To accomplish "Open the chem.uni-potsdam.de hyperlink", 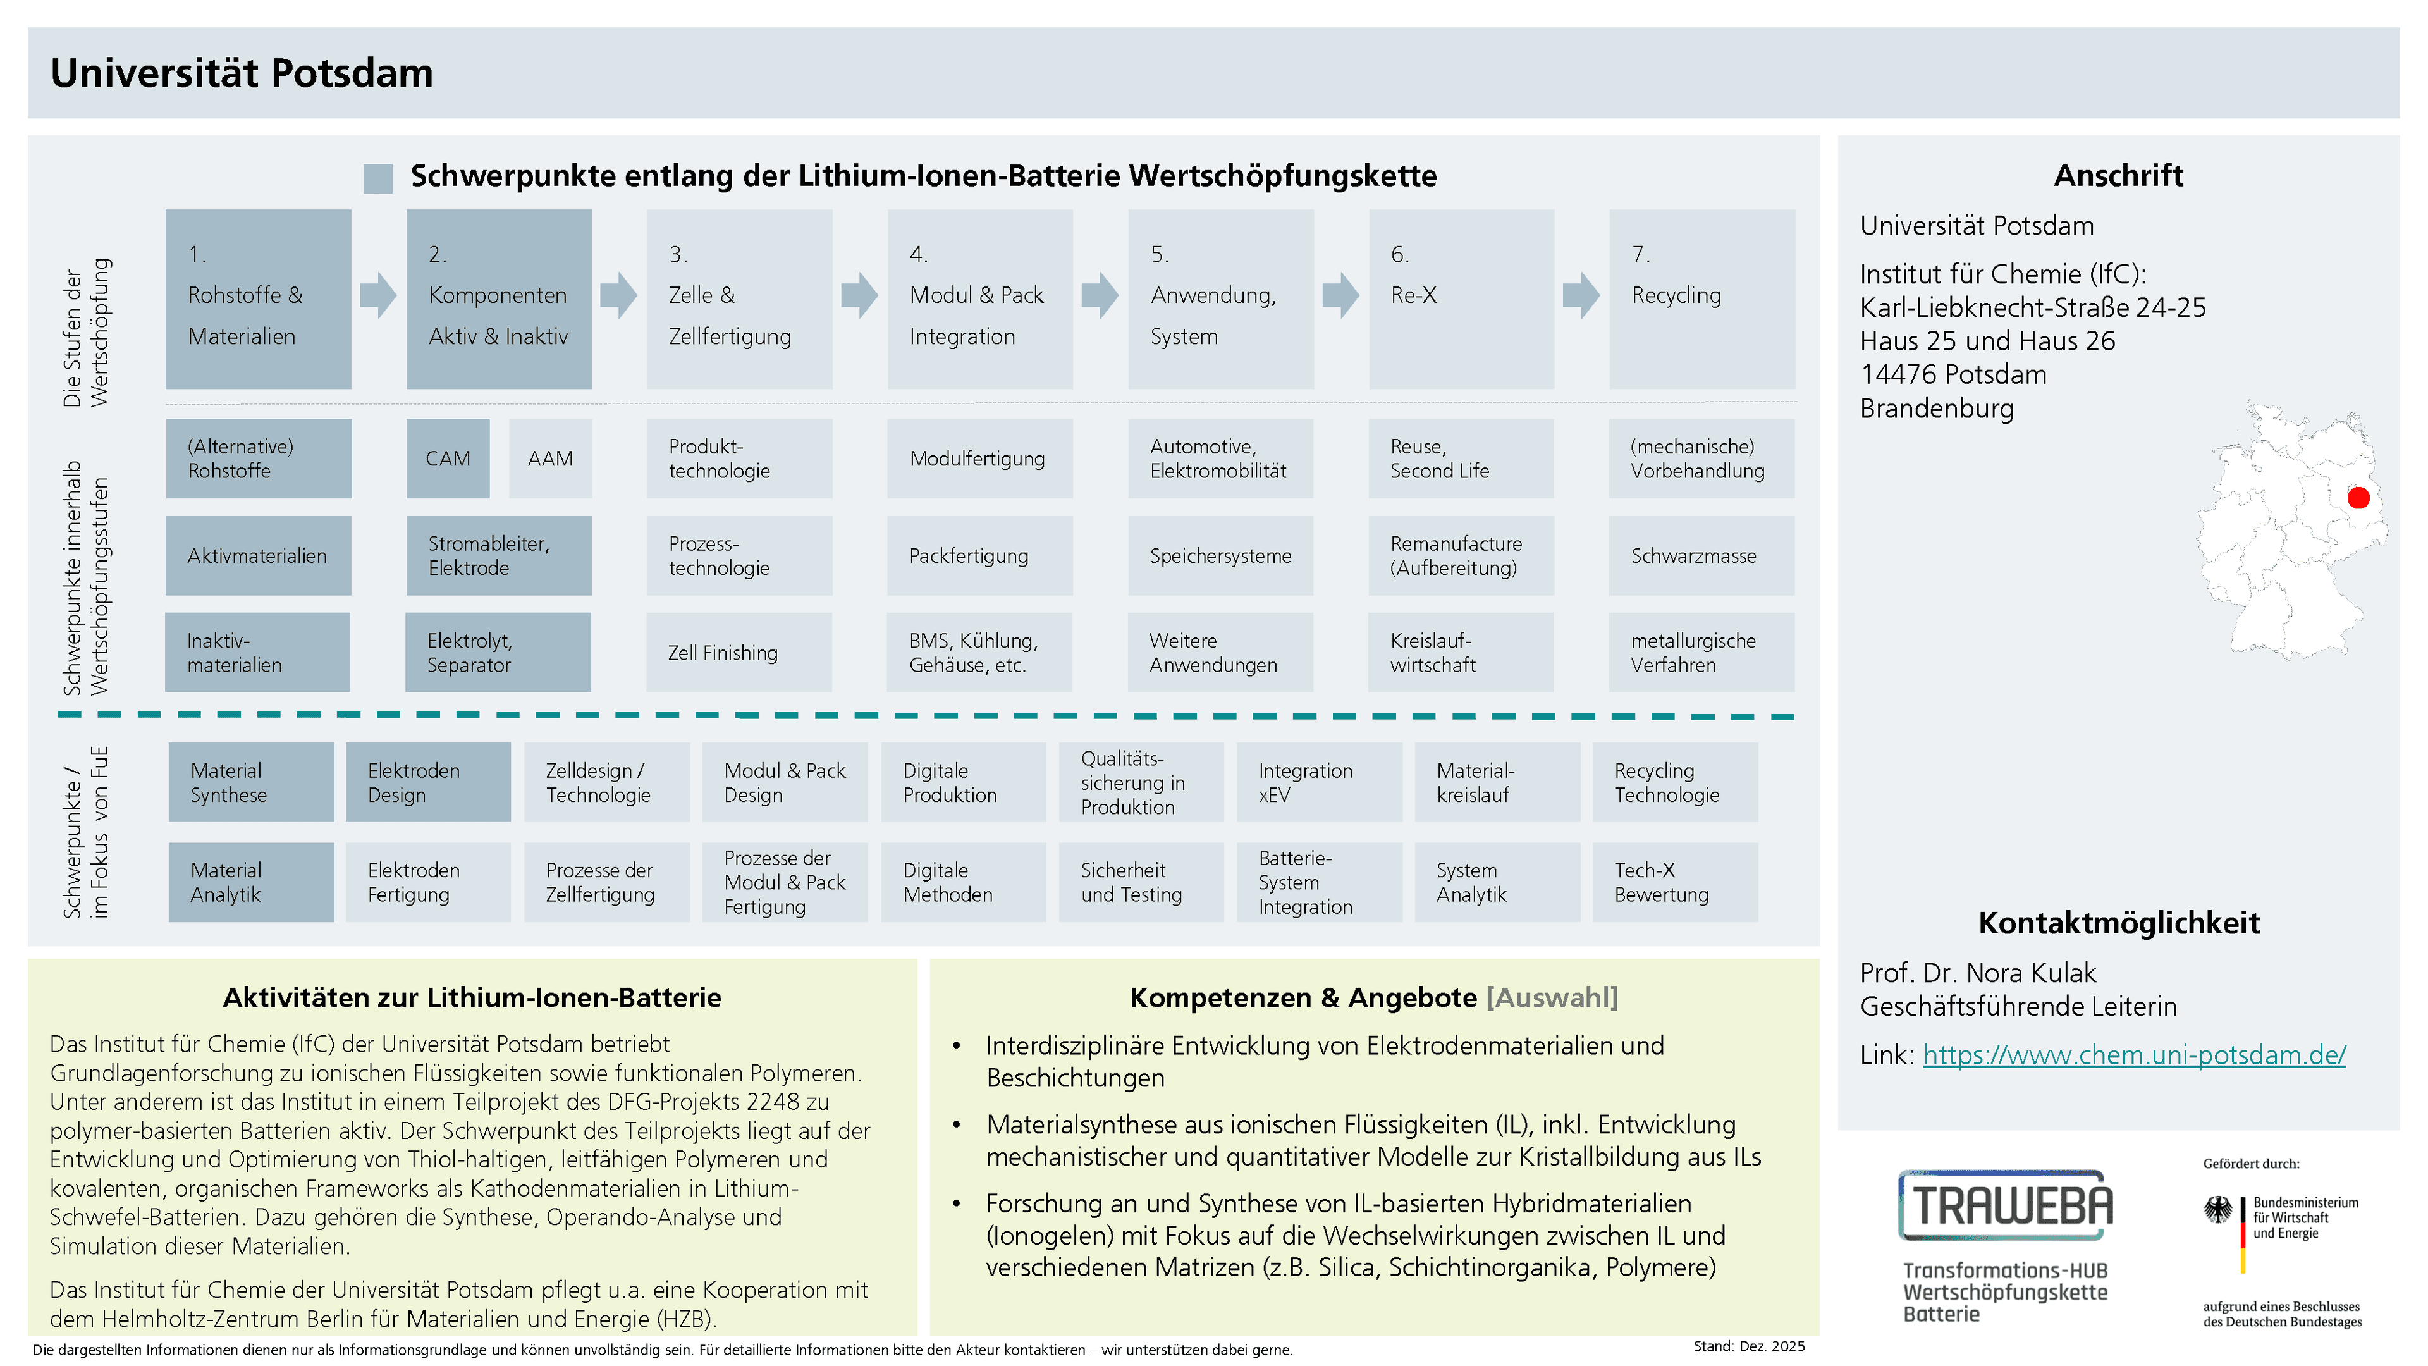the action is (x=2134, y=1054).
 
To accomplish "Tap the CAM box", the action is (x=448, y=458).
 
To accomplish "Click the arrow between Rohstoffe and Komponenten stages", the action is (x=378, y=295).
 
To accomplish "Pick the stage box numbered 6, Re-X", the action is (x=1461, y=299).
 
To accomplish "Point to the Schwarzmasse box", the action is (x=1701, y=555).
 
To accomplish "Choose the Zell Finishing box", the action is (x=739, y=653).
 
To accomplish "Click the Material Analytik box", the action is (x=251, y=882).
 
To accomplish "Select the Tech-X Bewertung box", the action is (x=1675, y=882).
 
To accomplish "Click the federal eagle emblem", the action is (x=2218, y=1210).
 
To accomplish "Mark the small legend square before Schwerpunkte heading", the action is (x=378, y=178).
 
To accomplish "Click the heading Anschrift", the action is (x=2118, y=175).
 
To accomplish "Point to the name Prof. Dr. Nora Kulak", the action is (x=1977, y=972).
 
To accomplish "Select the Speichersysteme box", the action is (x=1220, y=555).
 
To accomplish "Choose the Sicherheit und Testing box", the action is (x=1141, y=882).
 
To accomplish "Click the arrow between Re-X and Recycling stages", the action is (x=1581, y=295).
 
